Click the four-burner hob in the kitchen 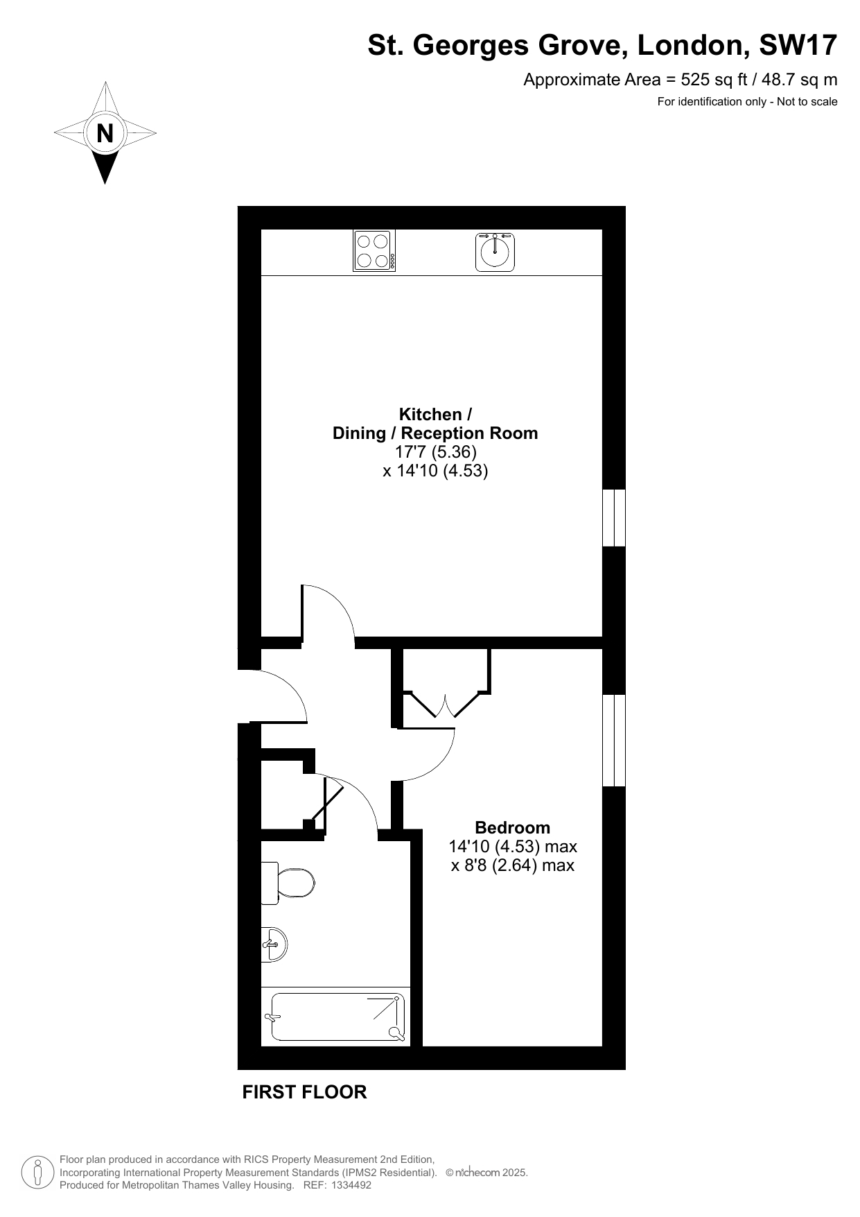pos(374,250)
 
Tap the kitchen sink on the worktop pos(495,252)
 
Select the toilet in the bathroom pos(288,883)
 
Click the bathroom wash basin pos(274,944)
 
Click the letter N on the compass pos(105,132)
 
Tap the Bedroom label pos(513,827)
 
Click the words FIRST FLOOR pos(304,1092)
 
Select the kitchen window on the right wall pos(614,518)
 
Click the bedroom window pos(614,740)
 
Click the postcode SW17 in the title pos(798,46)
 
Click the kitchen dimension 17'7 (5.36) pos(436,452)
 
